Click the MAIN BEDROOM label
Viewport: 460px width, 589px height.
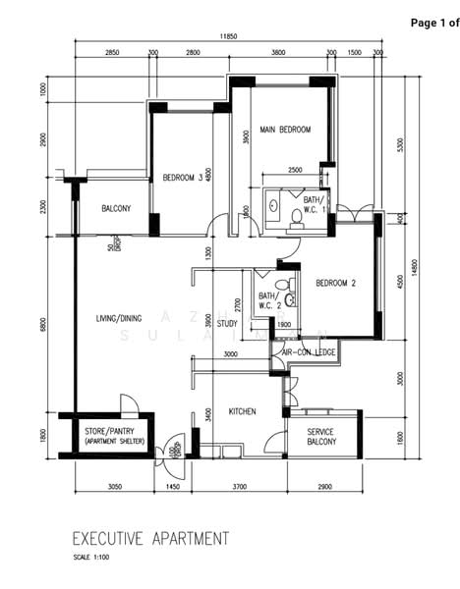[285, 130]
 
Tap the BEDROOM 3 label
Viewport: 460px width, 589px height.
[183, 178]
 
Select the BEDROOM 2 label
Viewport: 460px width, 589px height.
[335, 284]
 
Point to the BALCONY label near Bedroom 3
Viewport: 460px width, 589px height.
[117, 209]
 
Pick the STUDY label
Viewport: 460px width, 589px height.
[227, 323]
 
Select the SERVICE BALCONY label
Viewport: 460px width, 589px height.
[321, 437]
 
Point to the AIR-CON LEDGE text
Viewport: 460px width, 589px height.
[309, 351]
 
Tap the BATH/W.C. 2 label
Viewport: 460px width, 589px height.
[267, 300]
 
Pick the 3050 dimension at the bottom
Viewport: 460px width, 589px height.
[114, 487]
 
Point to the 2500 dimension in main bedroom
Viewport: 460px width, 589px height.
[295, 170]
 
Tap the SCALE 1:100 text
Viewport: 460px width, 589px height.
[93, 558]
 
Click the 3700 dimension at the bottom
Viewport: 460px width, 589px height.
[239, 487]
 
